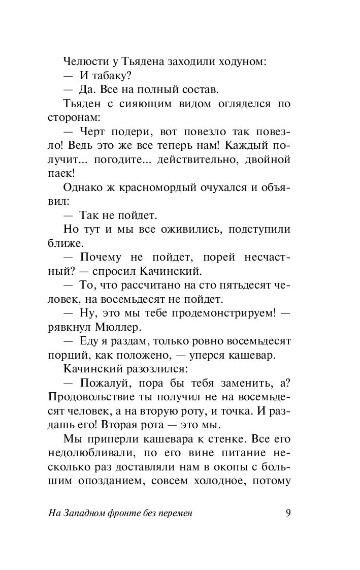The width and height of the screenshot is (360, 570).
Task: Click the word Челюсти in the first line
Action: [x=83, y=62]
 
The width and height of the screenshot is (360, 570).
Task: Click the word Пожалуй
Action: [x=107, y=382]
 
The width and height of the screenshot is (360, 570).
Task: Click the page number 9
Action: [x=288, y=513]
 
